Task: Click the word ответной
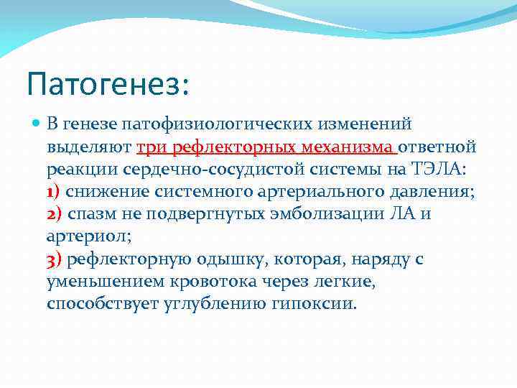[x=437, y=147]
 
